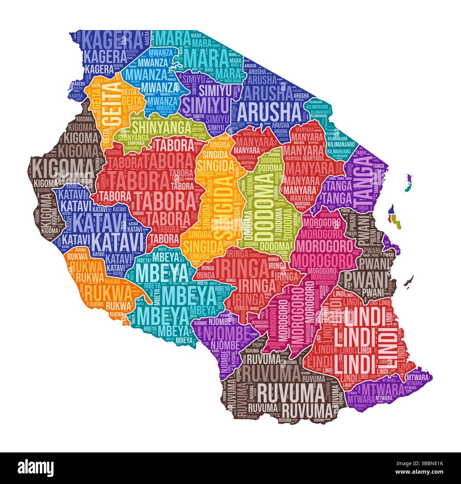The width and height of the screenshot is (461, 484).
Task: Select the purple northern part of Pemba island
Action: point(410,177)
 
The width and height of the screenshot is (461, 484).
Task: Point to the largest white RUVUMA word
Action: point(291,392)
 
